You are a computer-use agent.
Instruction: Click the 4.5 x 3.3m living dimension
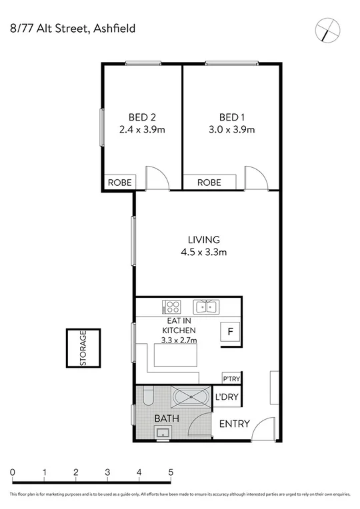click(203, 253)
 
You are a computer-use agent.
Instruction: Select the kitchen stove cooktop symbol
click(172, 307)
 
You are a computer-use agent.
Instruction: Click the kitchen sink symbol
click(205, 307)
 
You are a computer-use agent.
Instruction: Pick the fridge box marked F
click(231, 331)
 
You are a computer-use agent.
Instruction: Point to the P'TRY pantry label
click(231, 378)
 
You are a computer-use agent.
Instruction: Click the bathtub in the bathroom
click(190, 398)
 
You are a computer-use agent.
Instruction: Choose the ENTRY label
click(234, 424)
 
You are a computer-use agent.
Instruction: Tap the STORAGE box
click(83, 349)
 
